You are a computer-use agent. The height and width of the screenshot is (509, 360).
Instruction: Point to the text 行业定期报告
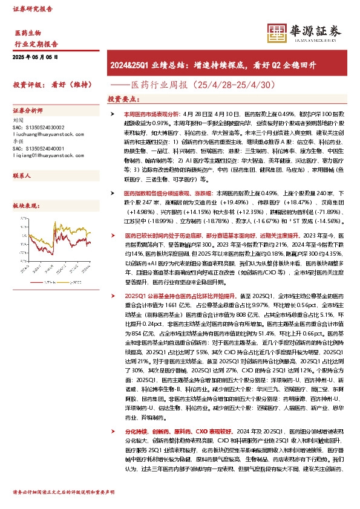tap(36, 44)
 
